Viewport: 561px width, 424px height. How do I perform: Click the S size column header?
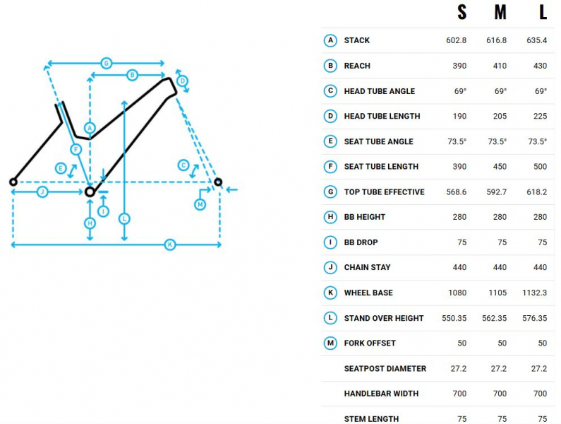(462, 12)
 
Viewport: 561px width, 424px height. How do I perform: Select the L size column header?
(543, 12)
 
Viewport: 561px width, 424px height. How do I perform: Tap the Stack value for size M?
(496, 40)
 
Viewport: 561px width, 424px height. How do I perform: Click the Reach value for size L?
(540, 66)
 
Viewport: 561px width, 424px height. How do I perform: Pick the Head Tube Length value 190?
(459, 117)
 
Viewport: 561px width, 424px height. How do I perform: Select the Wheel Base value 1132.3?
(534, 293)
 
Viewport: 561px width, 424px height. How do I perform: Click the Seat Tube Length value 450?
(500, 167)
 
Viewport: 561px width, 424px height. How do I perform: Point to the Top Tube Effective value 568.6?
(456, 192)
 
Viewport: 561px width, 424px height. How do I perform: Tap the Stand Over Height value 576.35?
(534, 318)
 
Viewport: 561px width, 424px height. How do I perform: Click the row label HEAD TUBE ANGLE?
(379, 91)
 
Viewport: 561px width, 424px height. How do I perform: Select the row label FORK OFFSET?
(370, 343)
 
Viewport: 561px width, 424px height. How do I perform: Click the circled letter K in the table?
(330, 293)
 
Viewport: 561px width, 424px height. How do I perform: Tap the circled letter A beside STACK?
(330, 40)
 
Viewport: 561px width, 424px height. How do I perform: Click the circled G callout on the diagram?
(107, 64)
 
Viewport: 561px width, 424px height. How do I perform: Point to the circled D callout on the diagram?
(183, 81)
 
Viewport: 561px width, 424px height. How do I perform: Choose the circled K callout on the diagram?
(170, 245)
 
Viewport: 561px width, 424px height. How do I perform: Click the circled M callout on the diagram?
(200, 205)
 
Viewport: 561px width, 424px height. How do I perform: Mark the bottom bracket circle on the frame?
(90, 192)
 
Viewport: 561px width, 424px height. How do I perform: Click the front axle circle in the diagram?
(218, 182)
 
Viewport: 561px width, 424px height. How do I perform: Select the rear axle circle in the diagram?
(13, 182)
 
